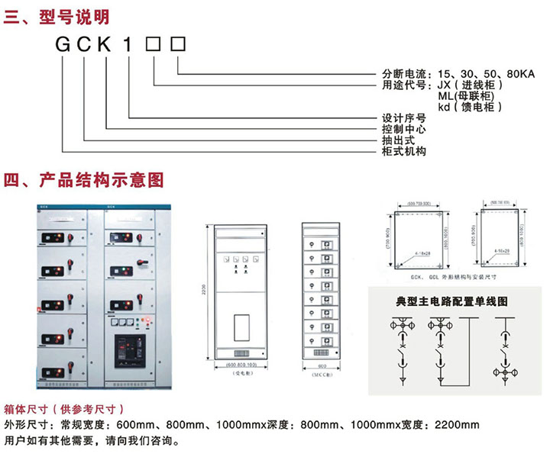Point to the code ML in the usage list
click(x=445, y=96)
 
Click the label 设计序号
click(x=404, y=118)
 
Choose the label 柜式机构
click(x=404, y=151)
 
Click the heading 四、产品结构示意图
click(x=84, y=180)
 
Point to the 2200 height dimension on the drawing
click(x=205, y=292)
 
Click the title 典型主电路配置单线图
click(x=451, y=301)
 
